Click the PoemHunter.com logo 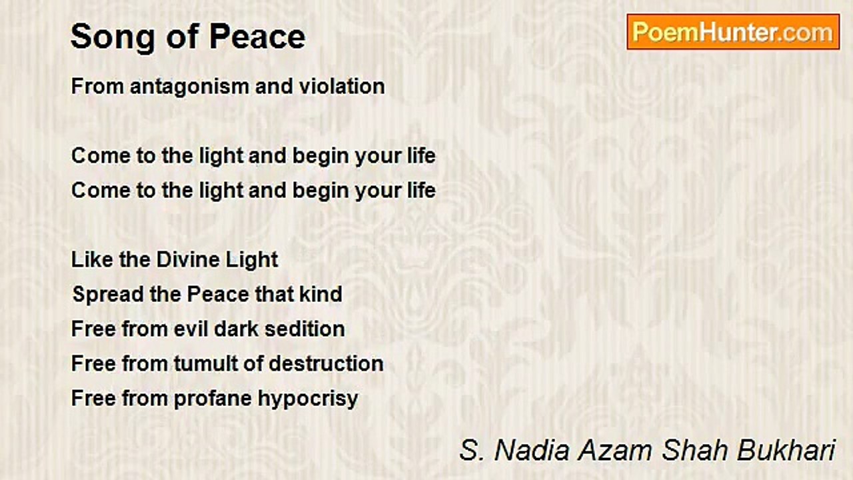(x=733, y=32)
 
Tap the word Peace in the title (x=257, y=37)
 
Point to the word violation (x=342, y=87)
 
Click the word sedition (x=305, y=329)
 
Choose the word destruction (x=326, y=363)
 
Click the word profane (x=213, y=399)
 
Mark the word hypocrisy (x=308, y=399)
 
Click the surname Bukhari (x=786, y=450)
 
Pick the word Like (x=92, y=260)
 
